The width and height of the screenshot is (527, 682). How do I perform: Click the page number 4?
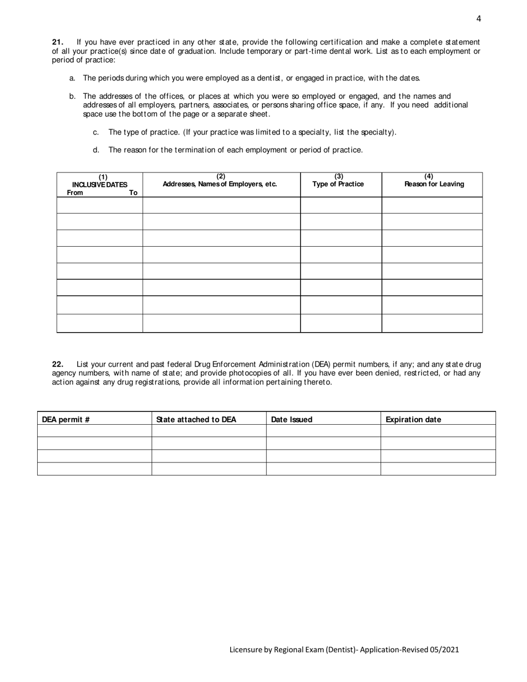[479, 19]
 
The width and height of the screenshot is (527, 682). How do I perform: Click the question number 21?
[58, 42]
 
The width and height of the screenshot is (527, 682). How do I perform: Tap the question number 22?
[58, 364]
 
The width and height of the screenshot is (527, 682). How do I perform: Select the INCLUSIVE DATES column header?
[100, 185]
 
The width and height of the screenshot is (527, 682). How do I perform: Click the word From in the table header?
[75, 193]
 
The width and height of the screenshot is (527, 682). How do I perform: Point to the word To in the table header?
[133, 193]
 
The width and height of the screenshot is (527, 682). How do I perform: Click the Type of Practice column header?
[338, 184]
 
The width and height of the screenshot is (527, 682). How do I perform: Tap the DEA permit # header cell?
[66, 420]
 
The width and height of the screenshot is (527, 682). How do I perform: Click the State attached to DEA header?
[196, 420]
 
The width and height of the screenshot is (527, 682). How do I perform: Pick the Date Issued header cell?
[292, 420]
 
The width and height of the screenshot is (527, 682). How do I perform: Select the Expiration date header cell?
[413, 420]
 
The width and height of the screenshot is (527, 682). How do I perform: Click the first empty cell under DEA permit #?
[94, 431]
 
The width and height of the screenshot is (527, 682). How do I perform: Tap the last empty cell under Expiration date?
[438, 469]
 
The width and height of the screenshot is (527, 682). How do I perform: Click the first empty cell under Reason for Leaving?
[432, 205]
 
